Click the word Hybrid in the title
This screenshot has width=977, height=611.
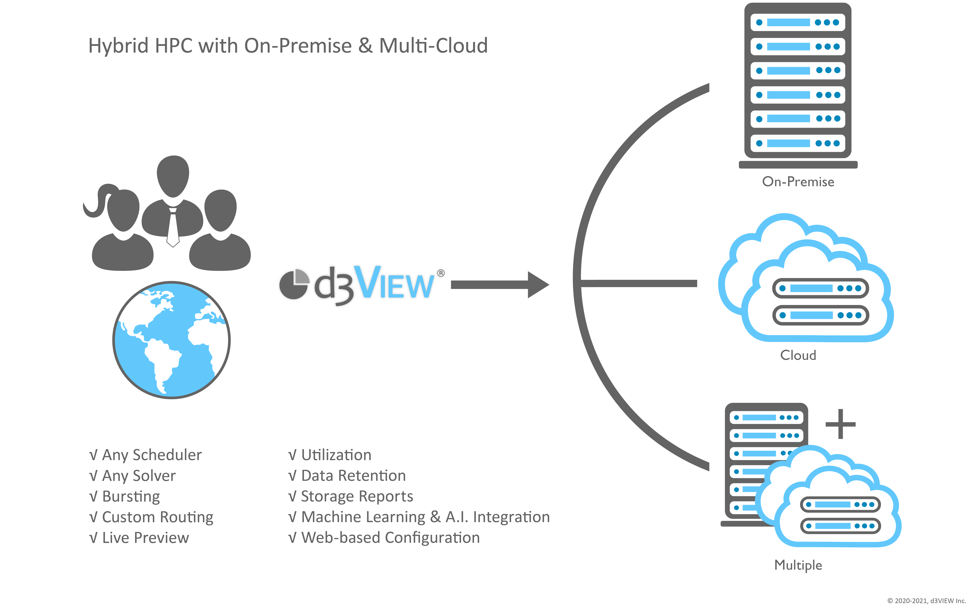[x=118, y=46]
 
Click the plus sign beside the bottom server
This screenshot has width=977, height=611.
[x=840, y=424]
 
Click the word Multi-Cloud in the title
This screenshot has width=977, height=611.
[x=433, y=46]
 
